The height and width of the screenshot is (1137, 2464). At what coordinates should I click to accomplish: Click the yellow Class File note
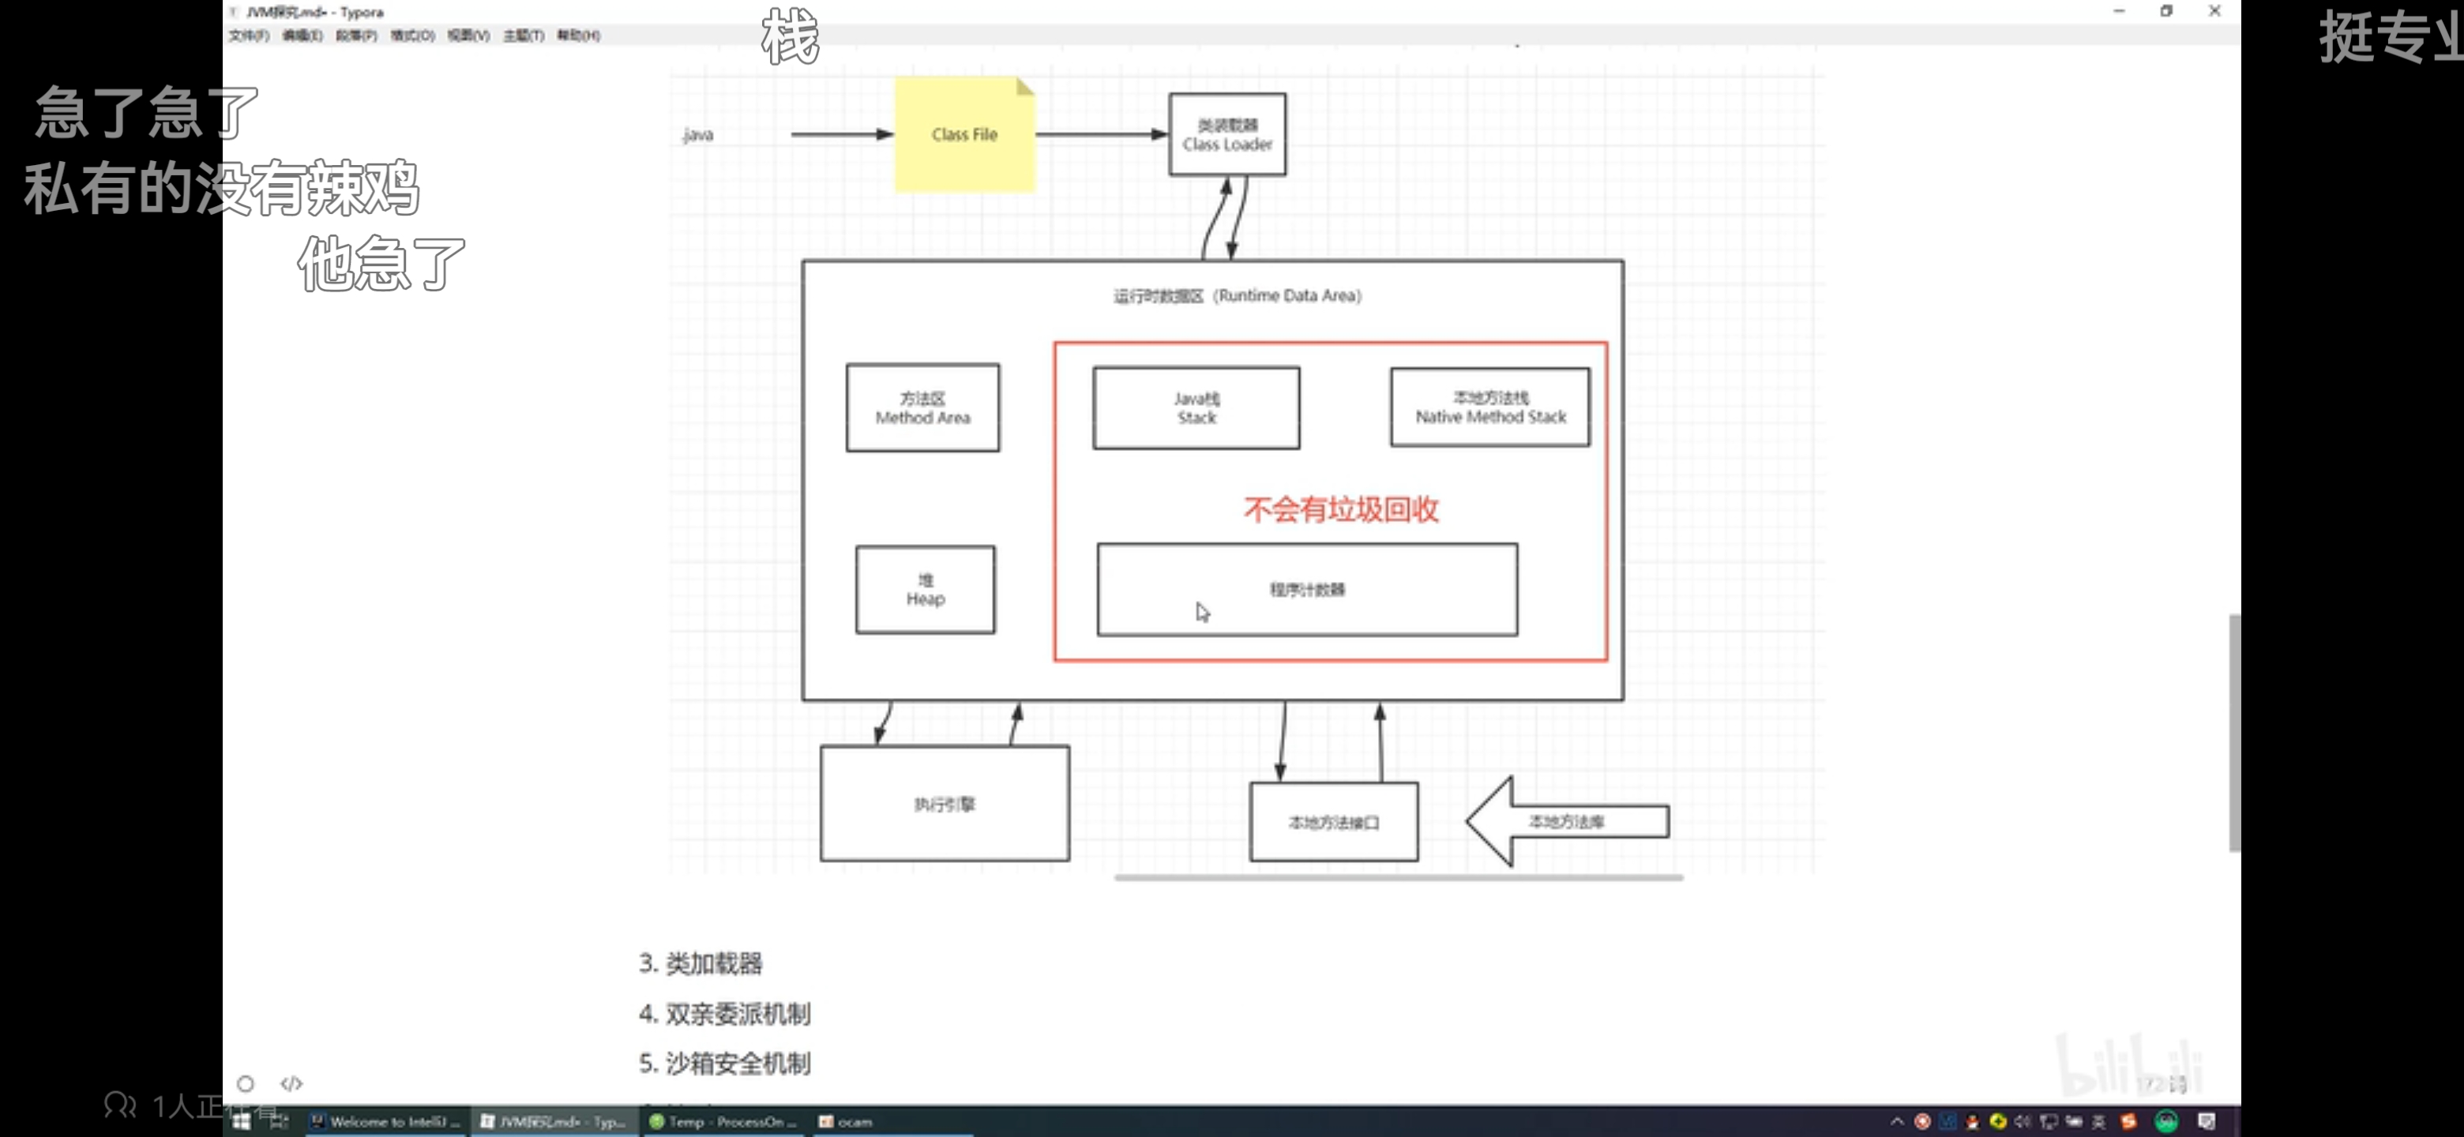tap(964, 135)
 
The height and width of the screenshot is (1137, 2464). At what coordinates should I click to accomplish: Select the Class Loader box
tap(1226, 135)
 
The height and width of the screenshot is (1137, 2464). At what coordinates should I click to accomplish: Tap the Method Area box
tap(922, 408)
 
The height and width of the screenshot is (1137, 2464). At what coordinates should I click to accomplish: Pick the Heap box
tap(924, 590)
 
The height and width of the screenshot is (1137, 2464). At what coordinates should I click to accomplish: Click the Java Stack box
tap(1196, 408)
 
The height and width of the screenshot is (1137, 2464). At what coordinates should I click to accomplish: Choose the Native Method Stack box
tap(1489, 408)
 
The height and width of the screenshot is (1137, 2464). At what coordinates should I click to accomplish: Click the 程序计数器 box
tap(1306, 590)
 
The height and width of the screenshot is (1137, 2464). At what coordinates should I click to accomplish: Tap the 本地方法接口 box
tap(1333, 823)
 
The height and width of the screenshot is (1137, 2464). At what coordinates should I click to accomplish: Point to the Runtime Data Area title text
tap(1237, 296)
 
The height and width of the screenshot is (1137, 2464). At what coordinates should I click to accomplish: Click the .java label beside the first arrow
tap(698, 135)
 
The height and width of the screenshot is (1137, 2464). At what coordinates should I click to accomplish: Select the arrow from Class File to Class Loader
tap(1101, 135)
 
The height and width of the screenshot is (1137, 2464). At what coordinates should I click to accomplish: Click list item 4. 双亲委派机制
tap(725, 1014)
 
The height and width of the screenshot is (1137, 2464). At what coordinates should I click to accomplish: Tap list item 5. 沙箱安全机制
tap(725, 1064)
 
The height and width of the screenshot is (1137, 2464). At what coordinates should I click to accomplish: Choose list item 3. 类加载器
tap(701, 963)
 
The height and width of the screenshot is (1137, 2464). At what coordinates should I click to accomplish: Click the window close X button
tap(2214, 12)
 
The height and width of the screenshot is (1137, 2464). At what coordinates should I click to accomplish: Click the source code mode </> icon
tap(291, 1083)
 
